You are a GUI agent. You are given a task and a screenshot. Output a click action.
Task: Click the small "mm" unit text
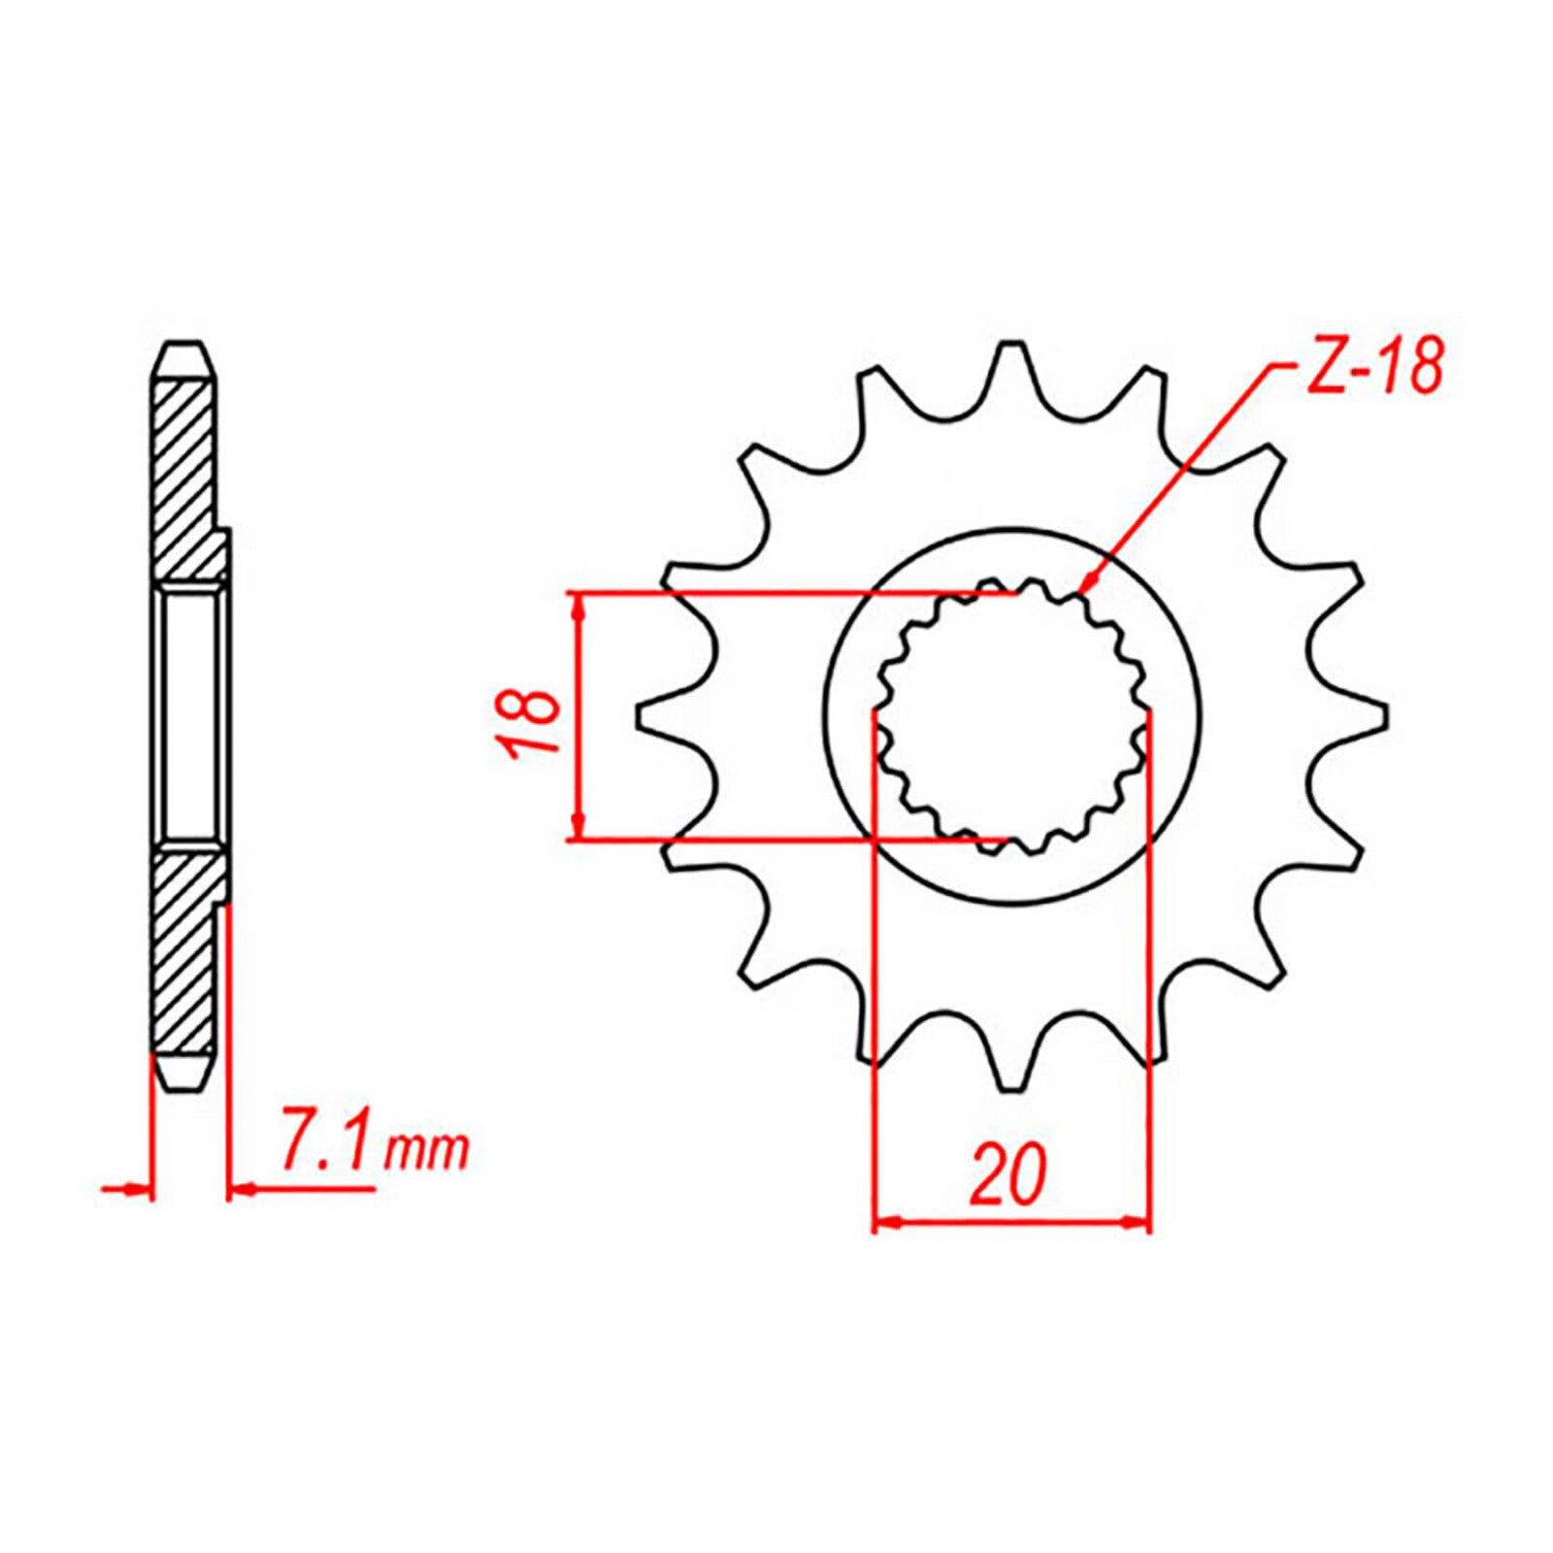point(426,1153)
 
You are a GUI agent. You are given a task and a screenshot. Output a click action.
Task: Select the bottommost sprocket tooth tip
point(1011,1087)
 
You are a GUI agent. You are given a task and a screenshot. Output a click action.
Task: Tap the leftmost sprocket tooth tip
point(641,715)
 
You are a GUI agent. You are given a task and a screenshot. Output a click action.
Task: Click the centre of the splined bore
point(1012,716)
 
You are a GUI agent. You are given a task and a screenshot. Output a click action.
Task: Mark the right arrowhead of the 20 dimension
point(1142,1223)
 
